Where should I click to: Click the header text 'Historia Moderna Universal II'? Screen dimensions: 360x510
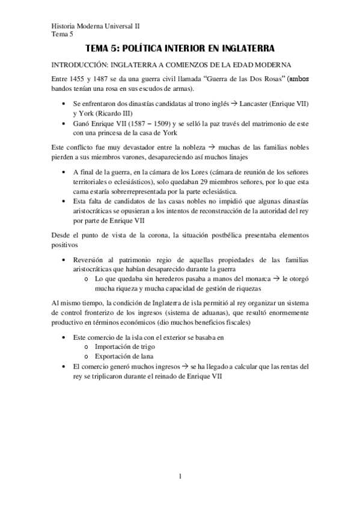coord(95,26)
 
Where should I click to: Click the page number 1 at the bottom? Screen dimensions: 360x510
coord(180,478)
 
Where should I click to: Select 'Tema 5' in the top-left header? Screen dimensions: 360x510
coord(60,34)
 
